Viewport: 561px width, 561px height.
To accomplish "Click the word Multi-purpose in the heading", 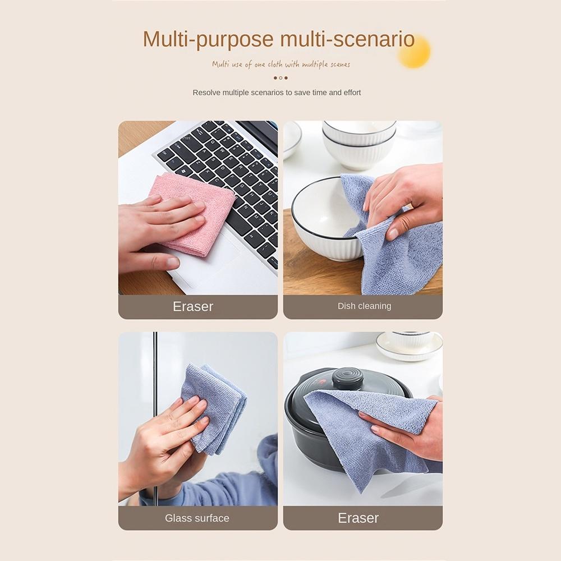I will (208, 39).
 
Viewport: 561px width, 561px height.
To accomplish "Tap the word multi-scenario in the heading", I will (347, 39).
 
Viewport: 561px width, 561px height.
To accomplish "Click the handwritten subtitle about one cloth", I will (280, 65).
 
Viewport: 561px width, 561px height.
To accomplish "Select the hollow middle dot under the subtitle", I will (280, 78).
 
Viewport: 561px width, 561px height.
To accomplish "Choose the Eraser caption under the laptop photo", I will (193, 306).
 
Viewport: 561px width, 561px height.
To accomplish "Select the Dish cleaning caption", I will (364, 306).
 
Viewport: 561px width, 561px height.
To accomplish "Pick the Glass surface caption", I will (197, 518).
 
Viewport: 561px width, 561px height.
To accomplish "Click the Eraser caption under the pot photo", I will (358, 518).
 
